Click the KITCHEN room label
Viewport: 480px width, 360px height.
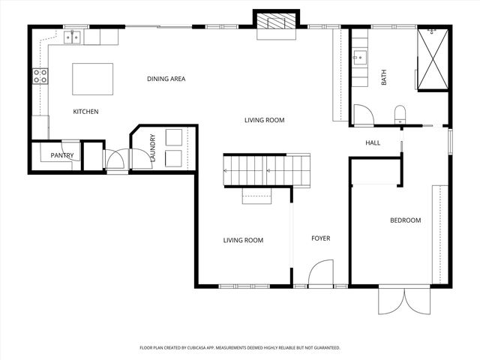pos(85,112)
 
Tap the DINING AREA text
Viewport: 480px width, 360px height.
pos(166,79)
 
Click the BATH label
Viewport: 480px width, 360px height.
pos(384,77)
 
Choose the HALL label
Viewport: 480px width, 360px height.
pos(373,142)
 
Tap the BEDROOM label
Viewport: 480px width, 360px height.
pos(405,220)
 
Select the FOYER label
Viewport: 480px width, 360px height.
pos(321,238)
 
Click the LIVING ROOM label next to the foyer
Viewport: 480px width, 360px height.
pos(243,240)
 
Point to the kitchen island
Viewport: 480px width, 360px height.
pos(93,79)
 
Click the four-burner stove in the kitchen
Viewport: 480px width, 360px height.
pos(40,75)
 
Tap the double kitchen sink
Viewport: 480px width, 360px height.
pos(73,36)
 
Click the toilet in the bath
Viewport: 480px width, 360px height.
pos(400,114)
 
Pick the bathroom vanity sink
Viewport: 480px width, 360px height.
pos(358,56)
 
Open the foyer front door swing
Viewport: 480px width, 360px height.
pos(320,273)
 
